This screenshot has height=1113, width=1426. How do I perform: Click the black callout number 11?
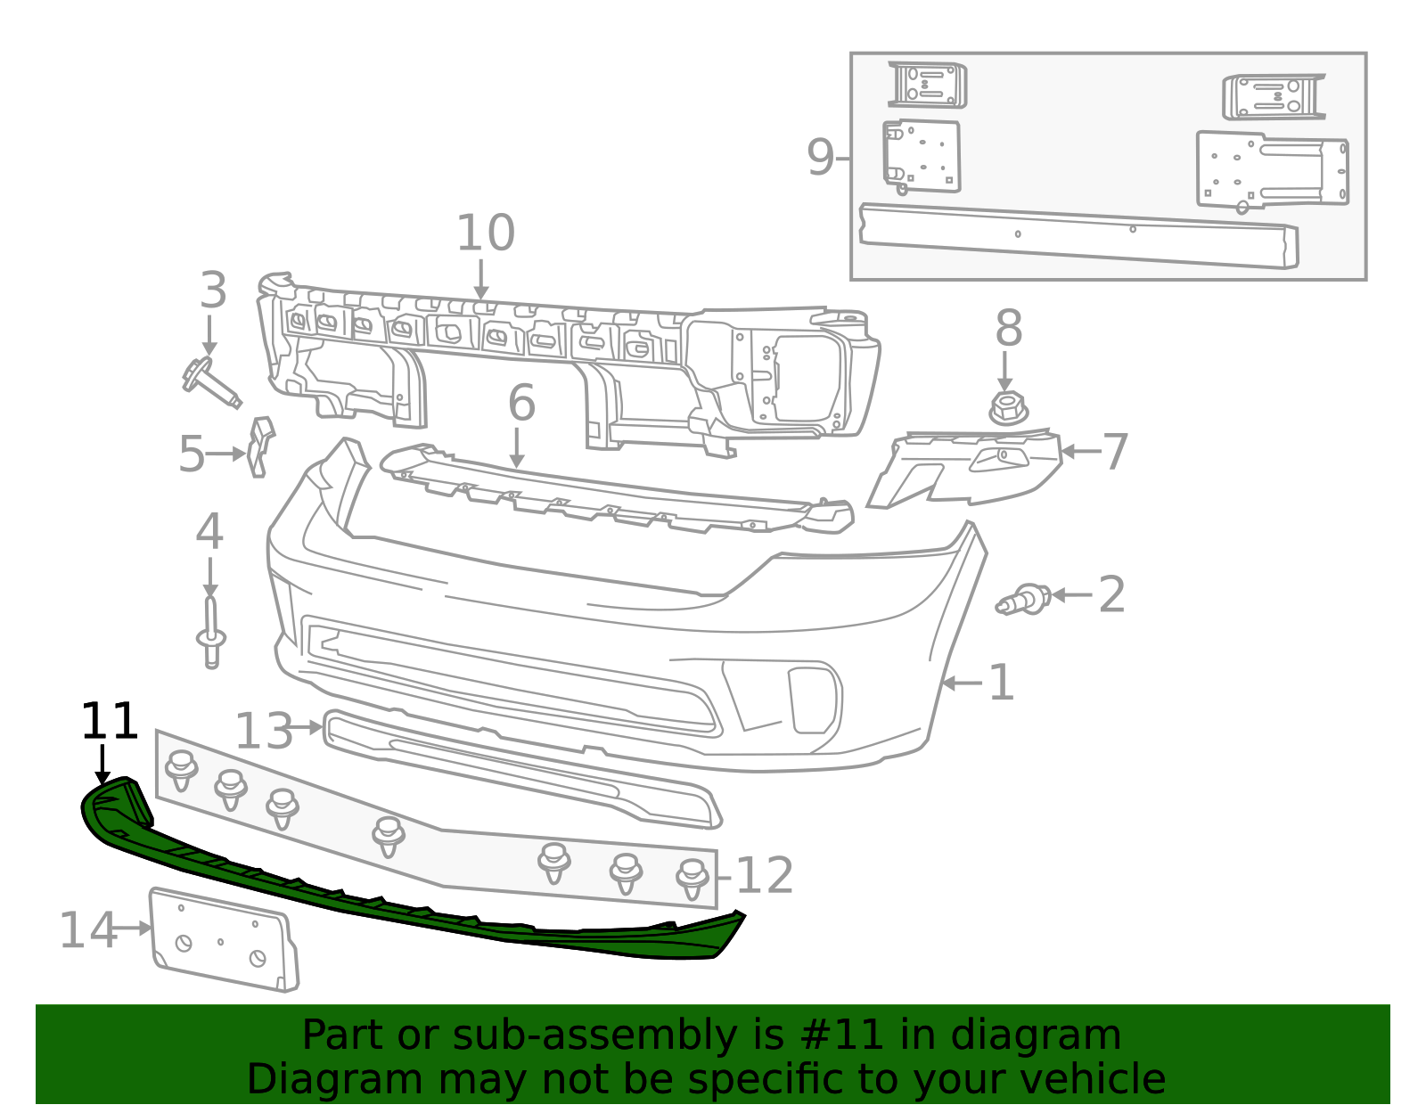point(109,722)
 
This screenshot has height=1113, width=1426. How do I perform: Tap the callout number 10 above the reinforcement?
point(485,233)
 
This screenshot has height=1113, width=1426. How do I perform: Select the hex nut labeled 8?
point(1007,408)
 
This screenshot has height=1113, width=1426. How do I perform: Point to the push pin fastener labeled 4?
point(210,633)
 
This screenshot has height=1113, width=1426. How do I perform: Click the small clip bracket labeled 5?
point(259,446)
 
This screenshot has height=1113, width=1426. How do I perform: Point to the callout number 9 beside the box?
point(820,158)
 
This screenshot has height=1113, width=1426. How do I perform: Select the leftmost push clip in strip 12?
point(181,770)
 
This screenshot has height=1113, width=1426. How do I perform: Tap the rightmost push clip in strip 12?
point(693,879)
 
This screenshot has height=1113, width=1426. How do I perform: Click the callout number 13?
point(263,732)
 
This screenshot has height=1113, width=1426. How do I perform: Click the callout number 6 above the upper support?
point(521,403)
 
